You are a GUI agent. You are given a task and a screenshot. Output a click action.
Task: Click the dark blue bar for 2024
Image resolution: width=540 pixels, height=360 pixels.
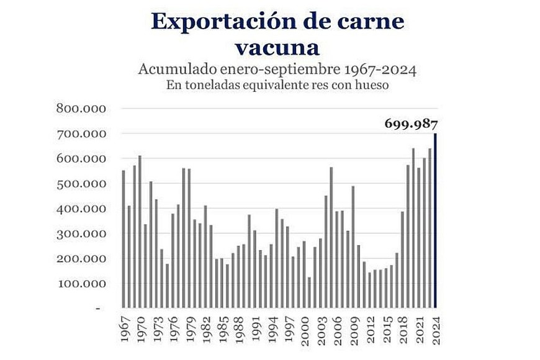(436, 220)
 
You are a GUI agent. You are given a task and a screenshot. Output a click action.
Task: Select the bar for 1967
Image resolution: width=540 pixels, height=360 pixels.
(124, 239)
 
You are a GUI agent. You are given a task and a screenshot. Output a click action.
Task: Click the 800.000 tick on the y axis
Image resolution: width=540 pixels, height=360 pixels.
(81, 109)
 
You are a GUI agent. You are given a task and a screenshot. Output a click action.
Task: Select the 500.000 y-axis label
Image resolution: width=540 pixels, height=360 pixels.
(81, 184)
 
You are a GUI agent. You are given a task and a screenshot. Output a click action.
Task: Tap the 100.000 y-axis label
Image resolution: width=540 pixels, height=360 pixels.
(81, 284)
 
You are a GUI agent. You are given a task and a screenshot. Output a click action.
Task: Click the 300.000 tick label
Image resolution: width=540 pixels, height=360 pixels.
(81, 234)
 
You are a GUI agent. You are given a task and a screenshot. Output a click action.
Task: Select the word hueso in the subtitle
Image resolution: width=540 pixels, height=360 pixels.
(372, 86)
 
